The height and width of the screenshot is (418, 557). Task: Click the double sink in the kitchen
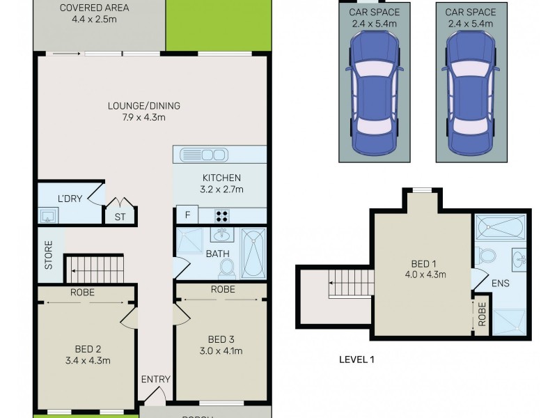(x=202, y=155)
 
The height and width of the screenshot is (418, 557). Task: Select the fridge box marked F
(x=186, y=215)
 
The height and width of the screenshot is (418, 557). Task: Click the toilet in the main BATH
(x=226, y=268)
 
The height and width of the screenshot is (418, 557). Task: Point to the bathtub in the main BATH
(x=253, y=252)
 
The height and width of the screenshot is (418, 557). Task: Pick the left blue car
(x=375, y=94)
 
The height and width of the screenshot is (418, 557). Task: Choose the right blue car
(x=471, y=94)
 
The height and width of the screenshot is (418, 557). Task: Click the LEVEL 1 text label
(x=356, y=361)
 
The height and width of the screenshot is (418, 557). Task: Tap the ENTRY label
(x=155, y=379)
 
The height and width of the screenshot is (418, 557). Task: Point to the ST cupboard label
(x=120, y=217)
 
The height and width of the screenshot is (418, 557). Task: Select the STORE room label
(x=49, y=255)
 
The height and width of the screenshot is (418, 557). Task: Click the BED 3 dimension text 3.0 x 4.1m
(x=221, y=350)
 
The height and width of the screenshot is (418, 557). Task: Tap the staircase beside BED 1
(x=350, y=284)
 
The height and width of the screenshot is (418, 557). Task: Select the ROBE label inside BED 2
(x=82, y=293)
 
